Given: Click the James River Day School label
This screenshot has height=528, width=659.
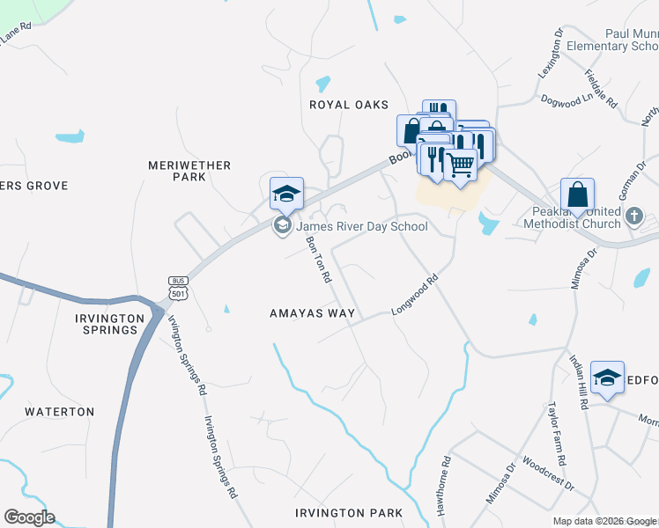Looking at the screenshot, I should click(362, 227).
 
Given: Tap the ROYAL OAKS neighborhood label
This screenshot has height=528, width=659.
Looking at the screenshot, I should click(349, 105).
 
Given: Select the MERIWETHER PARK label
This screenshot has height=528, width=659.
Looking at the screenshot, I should click(189, 171).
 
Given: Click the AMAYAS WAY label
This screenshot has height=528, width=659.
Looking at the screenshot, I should click(313, 313).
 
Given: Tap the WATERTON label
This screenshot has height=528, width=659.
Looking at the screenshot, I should click(59, 412).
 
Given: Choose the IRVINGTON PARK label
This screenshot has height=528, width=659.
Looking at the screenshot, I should click(349, 513).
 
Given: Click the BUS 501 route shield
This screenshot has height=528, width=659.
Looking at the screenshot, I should click(177, 286).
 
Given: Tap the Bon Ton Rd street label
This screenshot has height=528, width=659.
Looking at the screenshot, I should click(318, 259).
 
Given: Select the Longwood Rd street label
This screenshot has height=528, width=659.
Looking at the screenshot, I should click(415, 297).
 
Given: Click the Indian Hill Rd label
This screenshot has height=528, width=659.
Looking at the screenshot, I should click(578, 382).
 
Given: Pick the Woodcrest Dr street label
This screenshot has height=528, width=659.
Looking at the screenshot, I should click(547, 473).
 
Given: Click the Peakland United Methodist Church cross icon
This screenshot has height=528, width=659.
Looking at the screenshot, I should click(634, 216).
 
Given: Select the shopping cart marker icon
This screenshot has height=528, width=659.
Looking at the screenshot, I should click(460, 164).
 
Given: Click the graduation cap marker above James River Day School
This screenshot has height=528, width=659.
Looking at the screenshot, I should click(286, 194).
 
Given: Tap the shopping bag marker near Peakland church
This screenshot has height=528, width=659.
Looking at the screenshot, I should click(577, 194).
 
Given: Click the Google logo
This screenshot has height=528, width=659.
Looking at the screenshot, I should click(29, 517).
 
